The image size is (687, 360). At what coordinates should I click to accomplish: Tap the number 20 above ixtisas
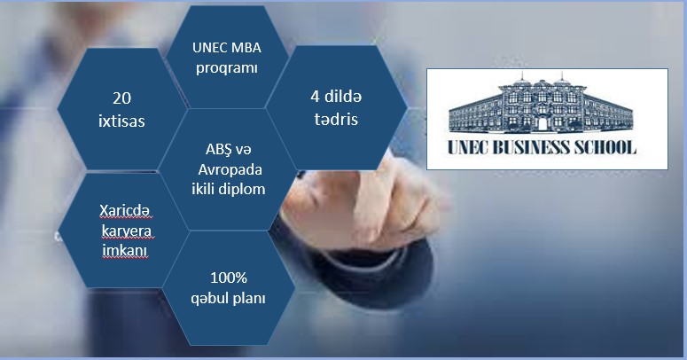121,98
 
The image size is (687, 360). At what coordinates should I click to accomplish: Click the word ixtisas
121,121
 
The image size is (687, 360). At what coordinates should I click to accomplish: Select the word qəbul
212,298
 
